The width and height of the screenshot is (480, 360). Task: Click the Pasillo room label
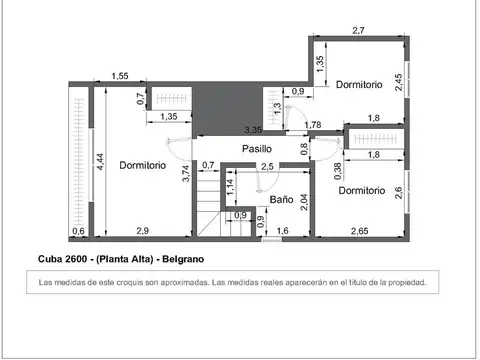tap(256, 149)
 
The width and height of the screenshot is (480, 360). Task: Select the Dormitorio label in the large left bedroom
tap(142, 165)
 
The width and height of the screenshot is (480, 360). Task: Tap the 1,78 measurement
tap(313, 125)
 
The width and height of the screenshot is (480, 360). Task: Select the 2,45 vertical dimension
tap(400, 82)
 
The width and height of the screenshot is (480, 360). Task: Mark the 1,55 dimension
tap(120, 76)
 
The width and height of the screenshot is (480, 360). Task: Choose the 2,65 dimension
tap(359, 231)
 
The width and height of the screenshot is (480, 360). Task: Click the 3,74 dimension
tap(186, 171)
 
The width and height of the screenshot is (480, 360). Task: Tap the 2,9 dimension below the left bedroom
tap(143, 231)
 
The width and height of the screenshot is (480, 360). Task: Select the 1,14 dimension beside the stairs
tap(229, 184)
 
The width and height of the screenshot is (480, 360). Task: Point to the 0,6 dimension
tap(78, 231)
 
